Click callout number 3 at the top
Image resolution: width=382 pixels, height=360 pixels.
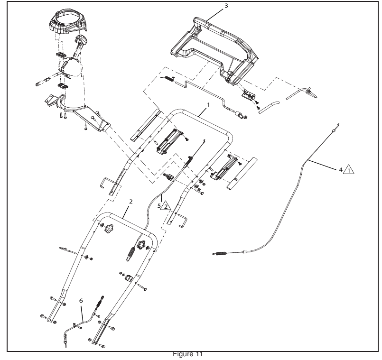pyautogui.click(x=226, y=5)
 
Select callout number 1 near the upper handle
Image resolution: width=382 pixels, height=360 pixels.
pyautogui.click(x=208, y=105)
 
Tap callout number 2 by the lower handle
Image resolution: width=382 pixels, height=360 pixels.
pyautogui.click(x=131, y=202)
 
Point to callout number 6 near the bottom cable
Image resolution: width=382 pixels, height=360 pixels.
pyautogui.click(x=81, y=301)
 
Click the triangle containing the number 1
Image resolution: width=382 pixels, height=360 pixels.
pyautogui.click(x=349, y=170)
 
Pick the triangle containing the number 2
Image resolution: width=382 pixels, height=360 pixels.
pyautogui.click(x=166, y=206)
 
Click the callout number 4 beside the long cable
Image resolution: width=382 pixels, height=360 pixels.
pyautogui.click(x=341, y=169)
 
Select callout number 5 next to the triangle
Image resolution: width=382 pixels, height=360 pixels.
pyautogui.click(x=159, y=206)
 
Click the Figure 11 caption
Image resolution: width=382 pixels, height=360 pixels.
pyautogui.click(x=187, y=354)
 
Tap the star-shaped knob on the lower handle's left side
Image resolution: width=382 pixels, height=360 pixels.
pyautogui.click(x=110, y=228)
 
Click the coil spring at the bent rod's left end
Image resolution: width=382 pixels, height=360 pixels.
pyautogui.click(x=168, y=79)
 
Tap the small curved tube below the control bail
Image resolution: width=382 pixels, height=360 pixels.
pyautogui.click(x=269, y=107)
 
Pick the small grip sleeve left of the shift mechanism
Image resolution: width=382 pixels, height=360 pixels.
pyautogui.click(x=43, y=82)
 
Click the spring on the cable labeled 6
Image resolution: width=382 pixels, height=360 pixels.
pyautogui.click(x=100, y=303)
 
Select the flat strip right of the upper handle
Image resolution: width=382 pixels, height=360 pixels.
pyautogui.click(x=242, y=174)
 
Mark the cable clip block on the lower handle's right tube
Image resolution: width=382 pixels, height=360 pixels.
pyautogui.click(x=129, y=278)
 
